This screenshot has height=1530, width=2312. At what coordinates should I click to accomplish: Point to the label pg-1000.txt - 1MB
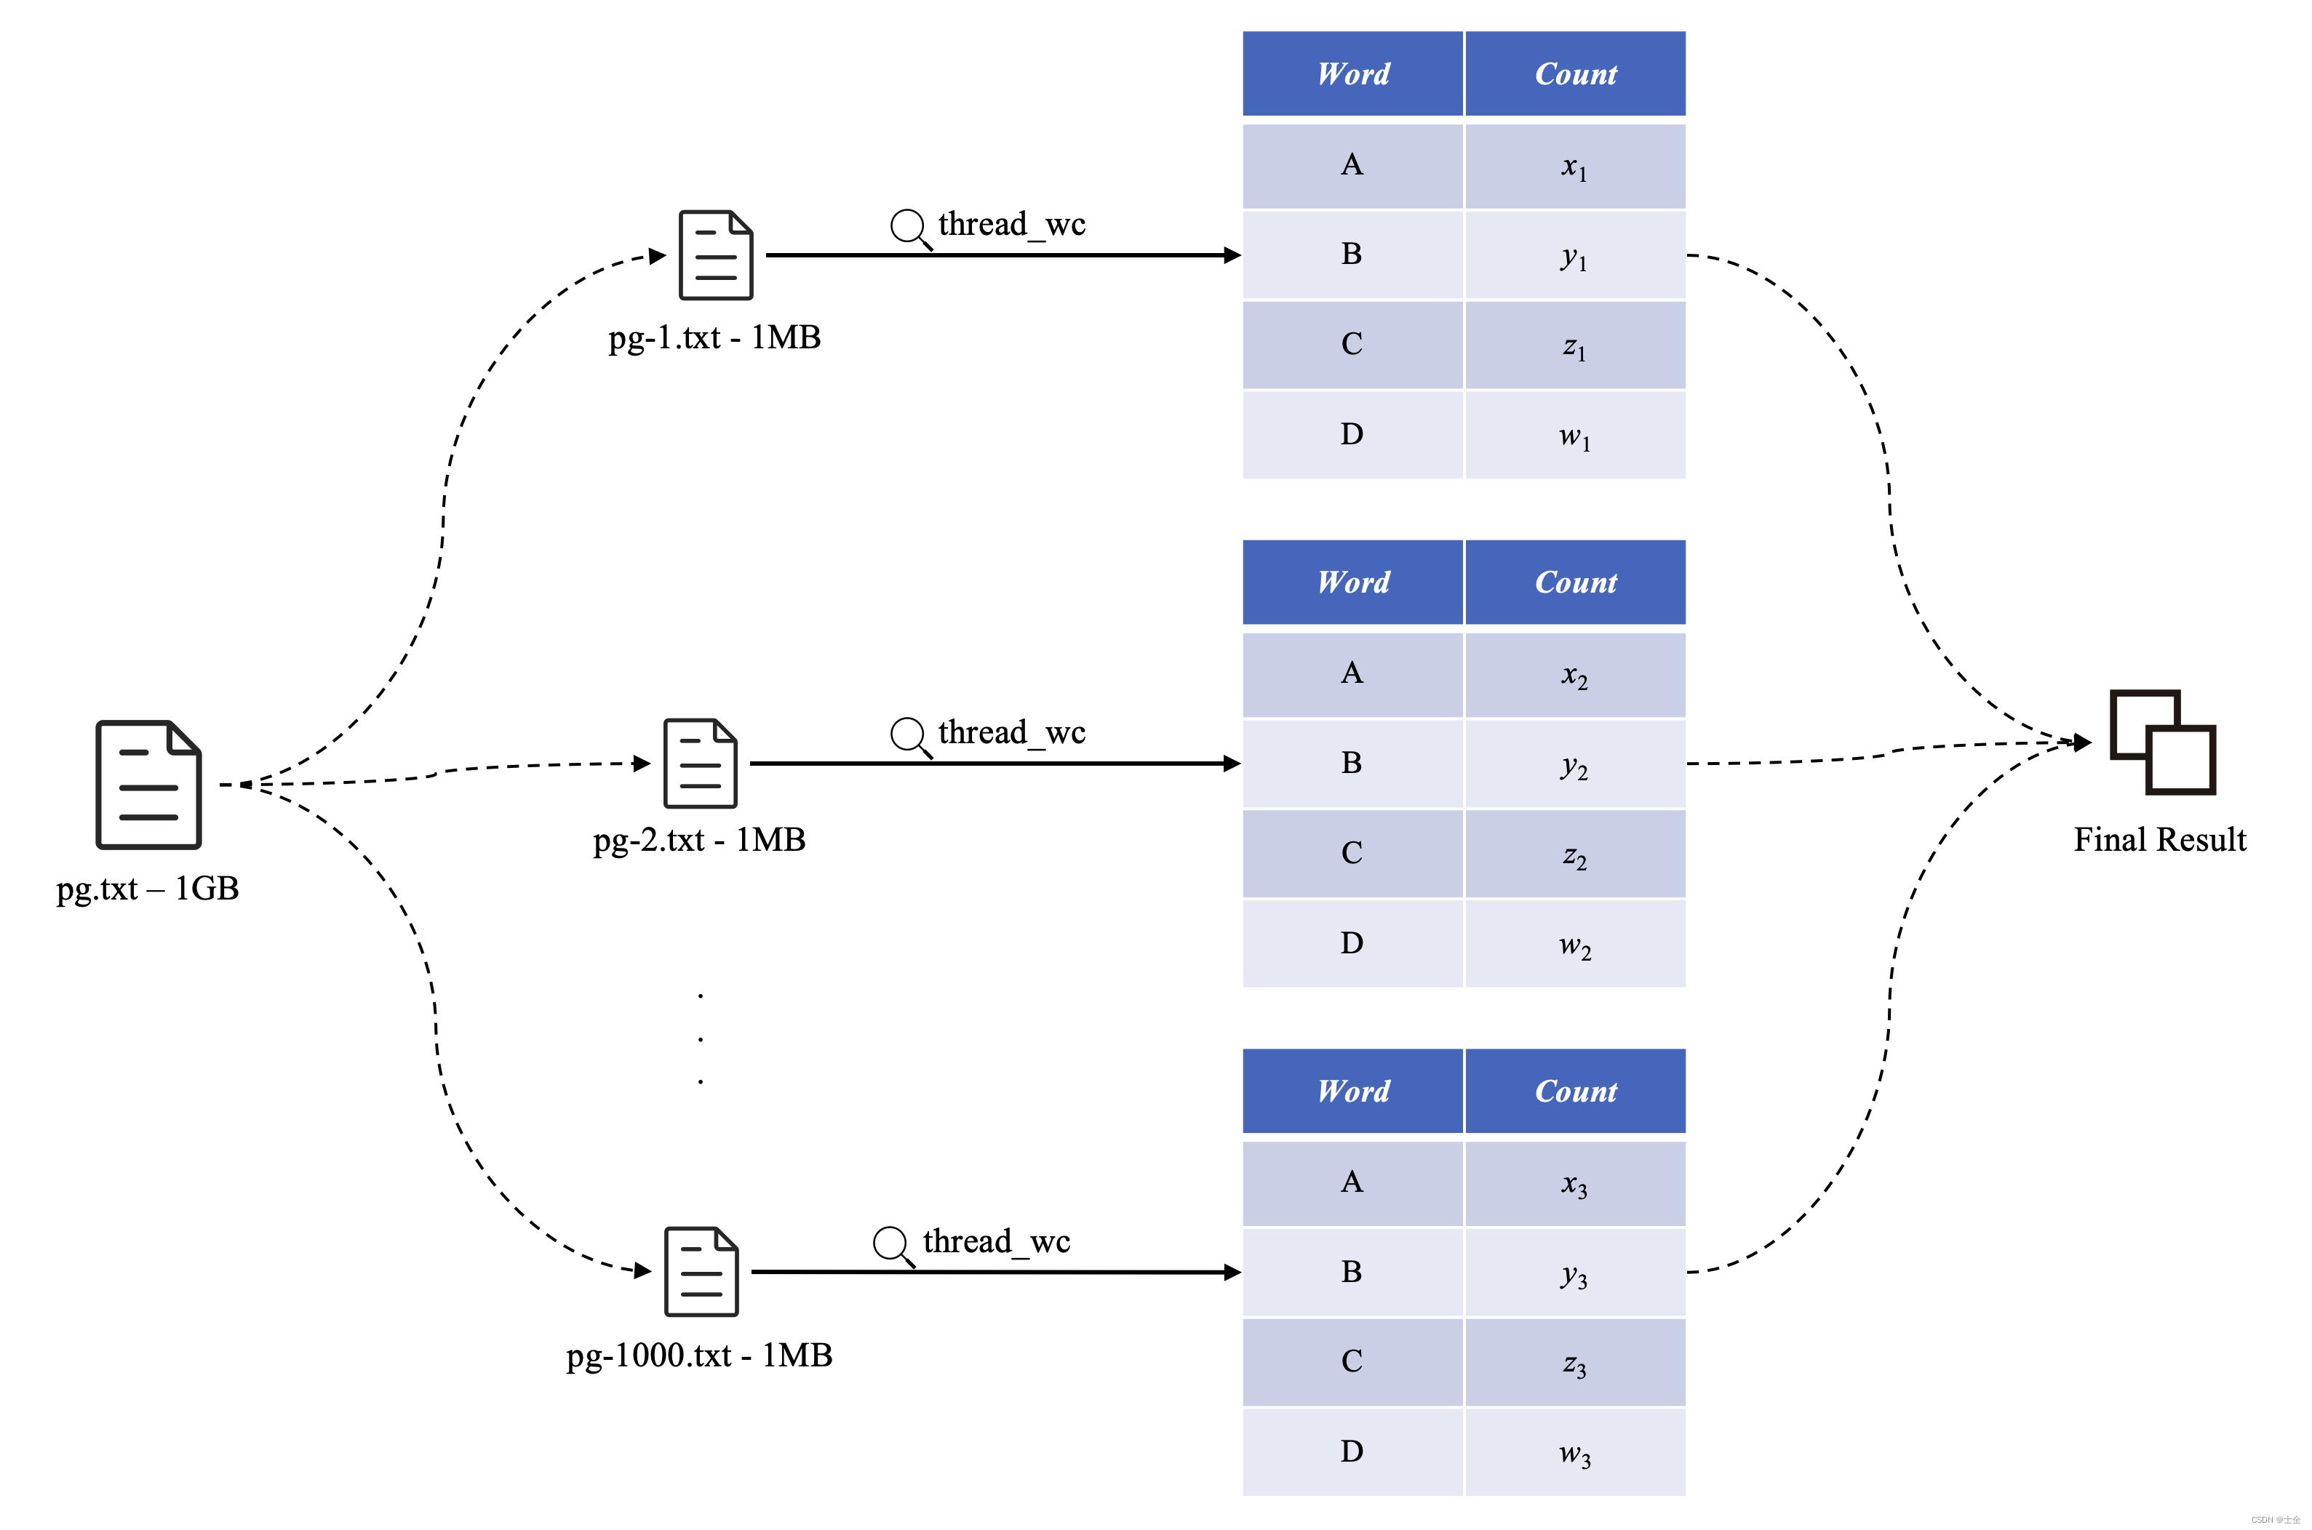[x=699, y=1355]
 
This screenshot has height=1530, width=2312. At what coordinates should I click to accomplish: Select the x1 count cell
[x=1574, y=167]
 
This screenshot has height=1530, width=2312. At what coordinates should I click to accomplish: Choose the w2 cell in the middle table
[x=1574, y=945]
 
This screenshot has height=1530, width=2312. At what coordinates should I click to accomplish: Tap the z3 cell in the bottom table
[x=1574, y=1362]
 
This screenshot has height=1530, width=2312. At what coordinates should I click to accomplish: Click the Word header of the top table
[x=1352, y=74]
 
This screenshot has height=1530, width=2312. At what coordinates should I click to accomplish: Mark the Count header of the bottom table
[x=1574, y=1091]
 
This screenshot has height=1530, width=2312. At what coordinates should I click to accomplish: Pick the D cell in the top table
[x=1352, y=434]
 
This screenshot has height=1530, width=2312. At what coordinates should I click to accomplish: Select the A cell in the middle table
[x=1352, y=673]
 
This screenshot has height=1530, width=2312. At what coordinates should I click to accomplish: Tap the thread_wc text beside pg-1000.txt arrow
[x=997, y=1241]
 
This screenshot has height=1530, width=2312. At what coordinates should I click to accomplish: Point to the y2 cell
[x=1574, y=764]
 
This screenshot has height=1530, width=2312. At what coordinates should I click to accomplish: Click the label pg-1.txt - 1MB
[x=714, y=337]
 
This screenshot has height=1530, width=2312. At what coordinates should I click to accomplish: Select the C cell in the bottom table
[x=1352, y=1361]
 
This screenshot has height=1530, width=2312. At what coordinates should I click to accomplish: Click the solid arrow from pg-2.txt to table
[x=991, y=763]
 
